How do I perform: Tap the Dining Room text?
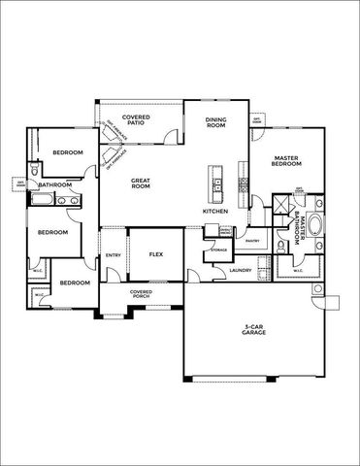point(216,121)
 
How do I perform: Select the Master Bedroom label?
point(285,161)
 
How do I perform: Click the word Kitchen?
point(214,211)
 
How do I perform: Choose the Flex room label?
point(155,253)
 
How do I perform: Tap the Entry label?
point(114,254)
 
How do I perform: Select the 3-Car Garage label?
point(254,333)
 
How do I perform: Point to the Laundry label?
point(242,270)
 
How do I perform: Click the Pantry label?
point(251,241)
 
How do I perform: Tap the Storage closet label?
point(218,250)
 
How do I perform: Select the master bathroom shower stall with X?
point(279,205)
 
